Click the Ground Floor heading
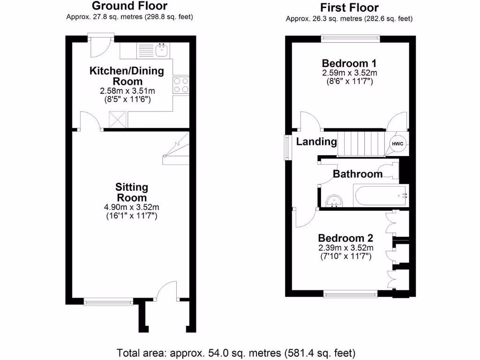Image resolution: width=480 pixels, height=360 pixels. pyautogui.click(x=129, y=6)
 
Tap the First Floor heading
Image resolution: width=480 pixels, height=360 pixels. pyautogui.click(x=349, y=7)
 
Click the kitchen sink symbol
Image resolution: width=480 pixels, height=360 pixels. pyautogui.click(x=162, y=49)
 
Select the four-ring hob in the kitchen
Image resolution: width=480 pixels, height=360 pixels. pyautogui.click(x=181, y=85)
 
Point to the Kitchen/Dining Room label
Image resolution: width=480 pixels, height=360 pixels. pyautogui.click(x=127, y=76)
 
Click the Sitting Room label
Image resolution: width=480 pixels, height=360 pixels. pyautogui.click(x=132, y=192)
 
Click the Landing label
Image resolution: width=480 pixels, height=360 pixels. pyautogui.click(x=316, y=142)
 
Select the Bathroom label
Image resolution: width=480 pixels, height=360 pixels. pyautogui.click(x=358, y=174)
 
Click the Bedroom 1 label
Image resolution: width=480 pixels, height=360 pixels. pyautogui.click(x=349, y=63)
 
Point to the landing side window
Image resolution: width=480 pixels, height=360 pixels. pyautogui.click(x=287, y=147)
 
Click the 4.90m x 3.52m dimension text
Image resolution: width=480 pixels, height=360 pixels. pyautogui.click(x=132, y=207)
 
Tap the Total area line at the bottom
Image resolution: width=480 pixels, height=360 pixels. pyautogui.click(x=236, y=352)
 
